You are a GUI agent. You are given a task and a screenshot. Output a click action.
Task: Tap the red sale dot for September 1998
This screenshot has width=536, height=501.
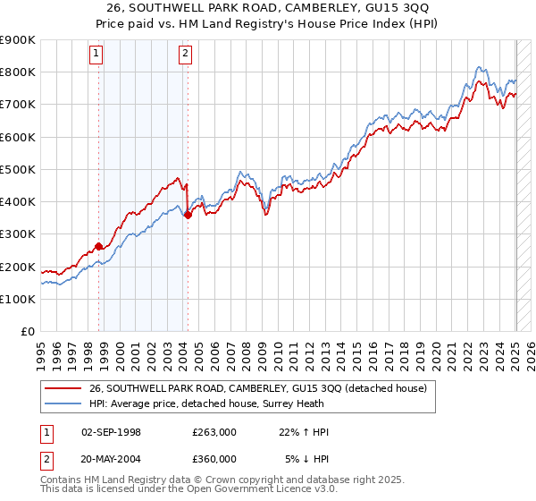(98, 246)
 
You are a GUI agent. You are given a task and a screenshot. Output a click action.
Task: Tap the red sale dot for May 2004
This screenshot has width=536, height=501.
(188, 215)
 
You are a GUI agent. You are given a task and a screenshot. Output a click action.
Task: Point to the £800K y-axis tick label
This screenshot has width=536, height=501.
(18, 72)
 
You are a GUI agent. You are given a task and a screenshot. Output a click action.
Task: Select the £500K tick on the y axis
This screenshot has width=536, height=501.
(18, 169)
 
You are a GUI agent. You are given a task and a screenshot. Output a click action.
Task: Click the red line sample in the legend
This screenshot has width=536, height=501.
(63, 388)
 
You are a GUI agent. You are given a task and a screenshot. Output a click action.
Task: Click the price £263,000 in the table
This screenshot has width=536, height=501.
(214, 432)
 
